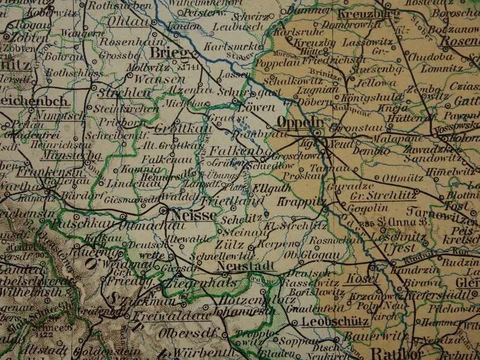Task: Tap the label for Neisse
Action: [x=194, y=215]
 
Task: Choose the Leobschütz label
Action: [x=328, y=322]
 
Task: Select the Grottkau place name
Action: [x=176, y=129]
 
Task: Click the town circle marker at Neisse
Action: [x=165, y=210]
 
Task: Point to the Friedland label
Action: [x=225, y=200]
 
